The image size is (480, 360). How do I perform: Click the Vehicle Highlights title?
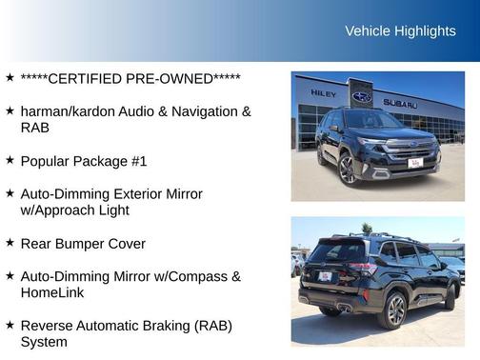[400, 31]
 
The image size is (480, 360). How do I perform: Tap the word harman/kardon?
[67, 111]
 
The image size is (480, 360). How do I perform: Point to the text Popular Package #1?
[84, 161]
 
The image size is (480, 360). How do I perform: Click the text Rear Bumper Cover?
[83, 244]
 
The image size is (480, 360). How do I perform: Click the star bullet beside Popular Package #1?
[10, 161]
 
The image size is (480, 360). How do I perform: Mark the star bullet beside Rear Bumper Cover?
[10, 244]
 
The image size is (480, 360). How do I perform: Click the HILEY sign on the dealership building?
[323, 93]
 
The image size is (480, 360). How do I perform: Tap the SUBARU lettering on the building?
[400, 103]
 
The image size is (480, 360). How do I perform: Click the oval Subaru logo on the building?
[362, 96]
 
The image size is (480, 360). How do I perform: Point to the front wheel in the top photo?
[347, 168]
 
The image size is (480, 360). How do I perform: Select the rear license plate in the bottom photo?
[325, 276]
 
